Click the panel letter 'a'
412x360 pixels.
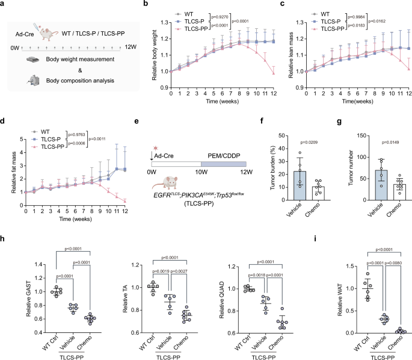(4, 5)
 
